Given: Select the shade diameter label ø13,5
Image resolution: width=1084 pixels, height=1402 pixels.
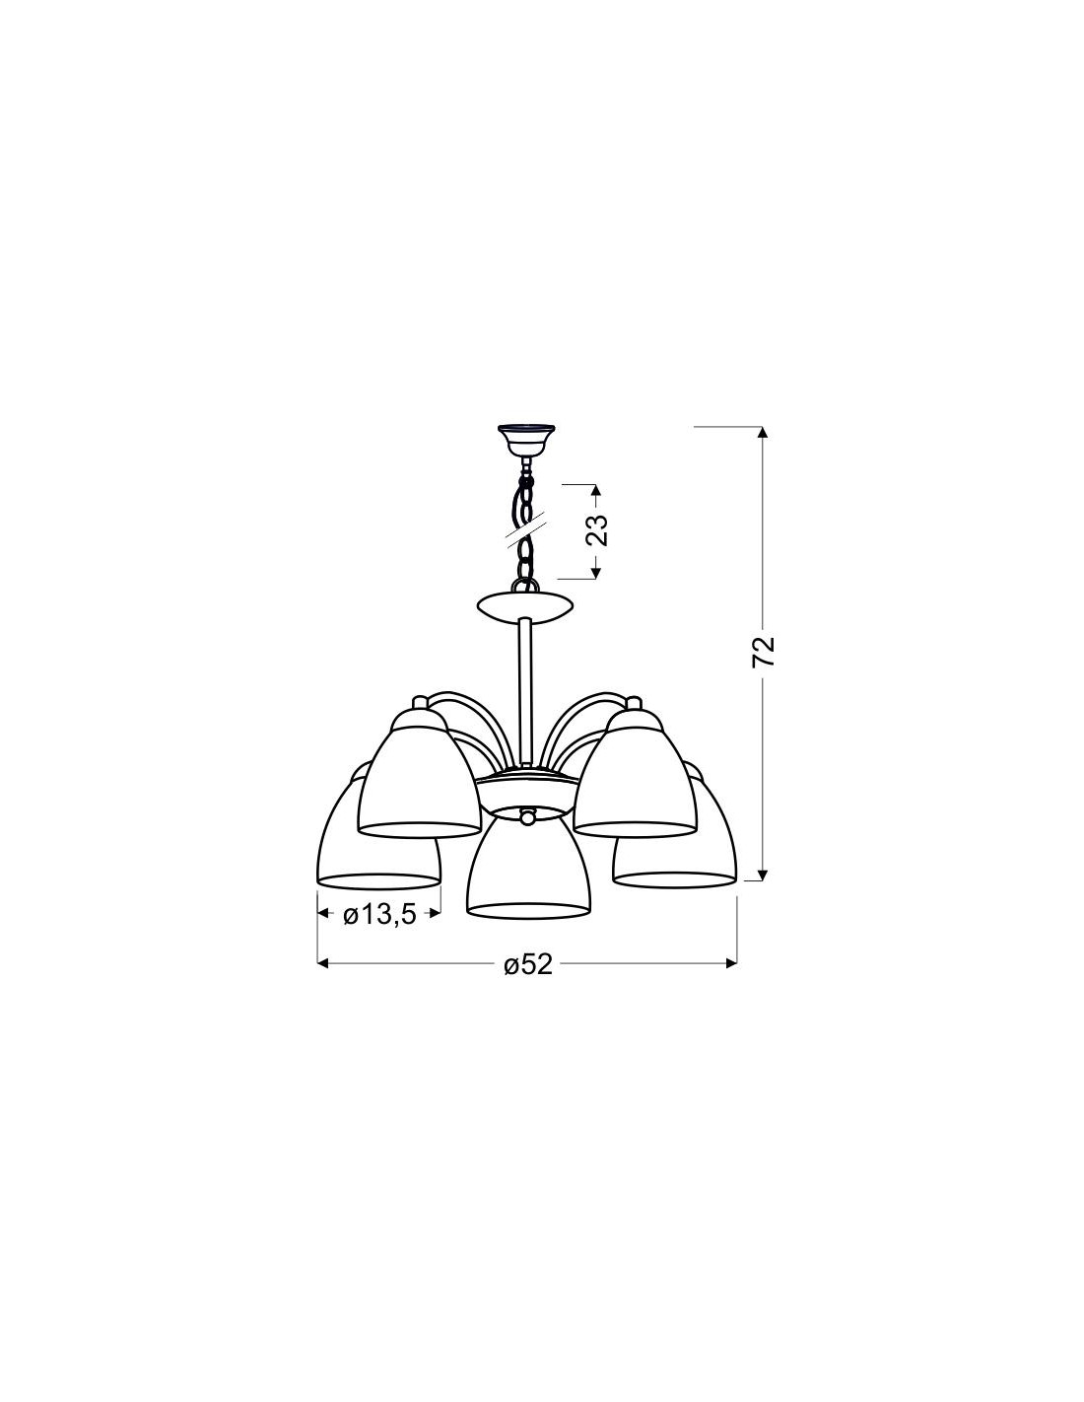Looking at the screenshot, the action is [378, 915].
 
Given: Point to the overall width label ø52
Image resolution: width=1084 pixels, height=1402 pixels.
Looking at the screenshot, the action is [529, 982].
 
